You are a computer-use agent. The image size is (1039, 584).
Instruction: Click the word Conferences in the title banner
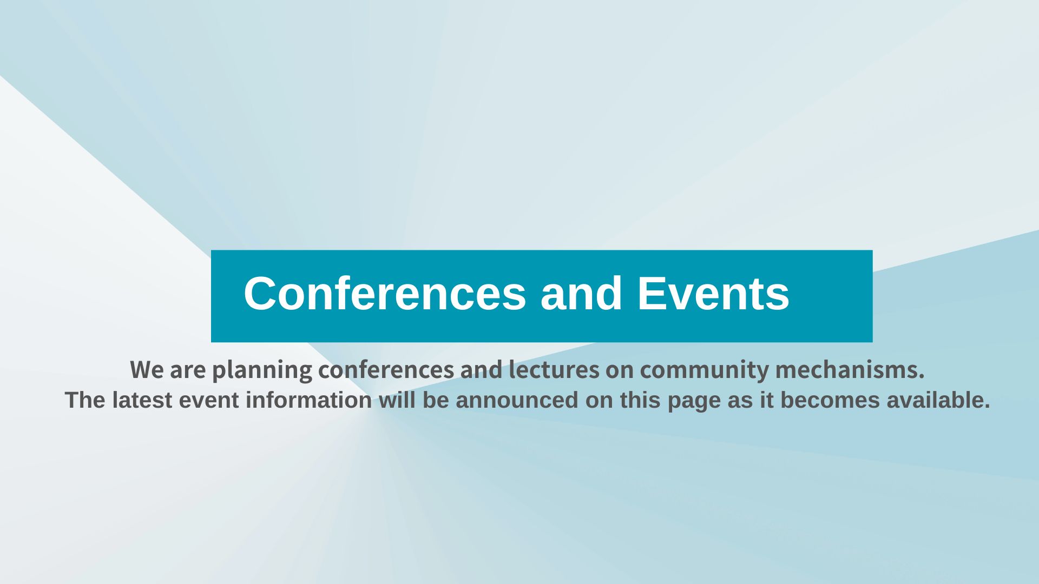point(385,293)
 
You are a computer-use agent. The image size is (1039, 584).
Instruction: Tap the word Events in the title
point(713,293)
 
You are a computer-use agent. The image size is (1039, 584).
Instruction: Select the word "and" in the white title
point(581,293)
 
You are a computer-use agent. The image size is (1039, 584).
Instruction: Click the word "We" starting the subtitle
point(147,370)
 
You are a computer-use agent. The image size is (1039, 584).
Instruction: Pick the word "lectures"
point(554,370)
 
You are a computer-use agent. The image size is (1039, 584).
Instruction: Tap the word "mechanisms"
point(847,370)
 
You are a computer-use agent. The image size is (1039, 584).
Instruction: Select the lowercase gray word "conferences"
point(386,370)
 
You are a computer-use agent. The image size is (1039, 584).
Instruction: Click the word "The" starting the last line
point(85,401)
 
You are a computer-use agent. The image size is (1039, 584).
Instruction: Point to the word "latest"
point(142,401)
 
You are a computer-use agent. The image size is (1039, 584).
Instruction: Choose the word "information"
point(309,401)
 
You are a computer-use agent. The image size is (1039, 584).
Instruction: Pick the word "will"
point(397,400)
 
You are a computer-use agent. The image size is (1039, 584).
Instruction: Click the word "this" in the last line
point(641,400)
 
